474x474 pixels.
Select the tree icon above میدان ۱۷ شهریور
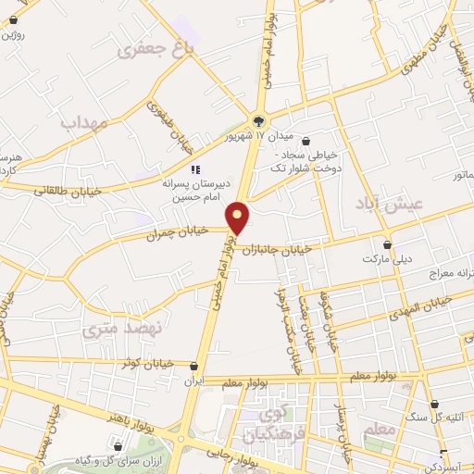tap(258, 119)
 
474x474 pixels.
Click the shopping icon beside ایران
tap(193, 366)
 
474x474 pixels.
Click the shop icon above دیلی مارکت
tap(387, 245)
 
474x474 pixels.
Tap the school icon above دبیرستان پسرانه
tap(194, 169)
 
